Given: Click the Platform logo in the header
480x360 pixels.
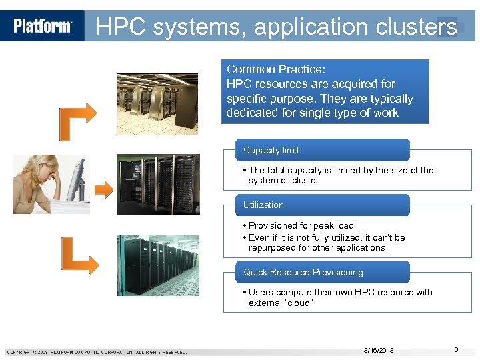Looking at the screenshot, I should [x=43, y=26].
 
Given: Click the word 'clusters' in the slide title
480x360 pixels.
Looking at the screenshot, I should [x=420, y=27].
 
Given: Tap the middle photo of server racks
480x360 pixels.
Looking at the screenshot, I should [x=157, y=185].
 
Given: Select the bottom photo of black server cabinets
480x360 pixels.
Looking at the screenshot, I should [x=157, y=265].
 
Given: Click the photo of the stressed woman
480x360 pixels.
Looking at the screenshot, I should [x=51, y=184].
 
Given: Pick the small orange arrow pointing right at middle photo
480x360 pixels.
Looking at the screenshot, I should [x=104, y=189].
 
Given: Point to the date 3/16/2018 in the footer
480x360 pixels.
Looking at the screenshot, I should [x=379, y=350].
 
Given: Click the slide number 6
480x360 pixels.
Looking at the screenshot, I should [x=456, y=350].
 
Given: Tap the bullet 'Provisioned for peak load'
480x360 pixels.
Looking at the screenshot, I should [x=301, y=226].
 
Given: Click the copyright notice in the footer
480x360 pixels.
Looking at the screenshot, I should [x=97, y=351].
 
